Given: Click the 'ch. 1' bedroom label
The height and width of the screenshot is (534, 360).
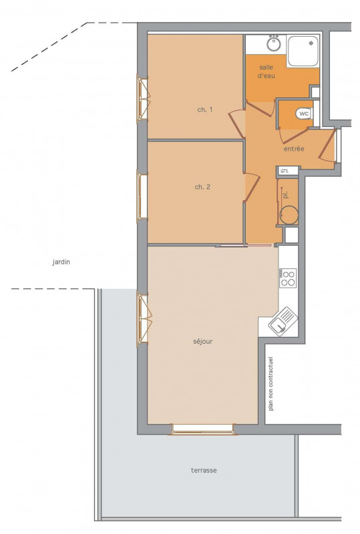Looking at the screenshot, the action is click(x=205, y=109).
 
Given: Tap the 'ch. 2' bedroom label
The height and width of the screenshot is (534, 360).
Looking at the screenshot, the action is click(x=202, y=187).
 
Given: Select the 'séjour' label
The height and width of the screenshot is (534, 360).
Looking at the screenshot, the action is click(x=203, y=342).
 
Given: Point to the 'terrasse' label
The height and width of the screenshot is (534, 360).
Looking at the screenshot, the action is click(x=204, y=471).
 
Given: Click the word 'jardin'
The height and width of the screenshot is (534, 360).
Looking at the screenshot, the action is click(x=61, y=262).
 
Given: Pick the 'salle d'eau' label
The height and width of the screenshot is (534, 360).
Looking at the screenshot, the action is click(x=266, y=71).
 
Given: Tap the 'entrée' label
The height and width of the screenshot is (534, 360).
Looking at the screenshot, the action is click(x=294, y=149).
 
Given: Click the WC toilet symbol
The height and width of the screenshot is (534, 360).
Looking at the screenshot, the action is click(x=304, y=113).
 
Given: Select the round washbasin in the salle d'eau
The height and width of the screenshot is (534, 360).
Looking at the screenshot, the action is click(x=273, y=43).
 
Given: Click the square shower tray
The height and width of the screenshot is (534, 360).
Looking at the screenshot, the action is click(x=303, y=51).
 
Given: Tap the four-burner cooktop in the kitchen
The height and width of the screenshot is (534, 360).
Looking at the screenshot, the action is click(x=288, y=278).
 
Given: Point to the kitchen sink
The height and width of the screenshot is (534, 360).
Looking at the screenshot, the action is click(x=283, y=322).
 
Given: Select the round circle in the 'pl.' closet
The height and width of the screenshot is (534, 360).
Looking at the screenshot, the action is click(x=289, y=215).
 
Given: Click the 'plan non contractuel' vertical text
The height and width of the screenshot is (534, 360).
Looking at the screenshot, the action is click(x=271, y=384).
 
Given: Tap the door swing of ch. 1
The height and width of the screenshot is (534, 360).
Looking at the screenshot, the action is click(x=236, y=124).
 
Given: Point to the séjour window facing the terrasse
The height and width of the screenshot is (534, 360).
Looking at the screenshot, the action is click(x=202, y=429).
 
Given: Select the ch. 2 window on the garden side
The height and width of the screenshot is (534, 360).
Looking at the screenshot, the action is click(x=142, y=196).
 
